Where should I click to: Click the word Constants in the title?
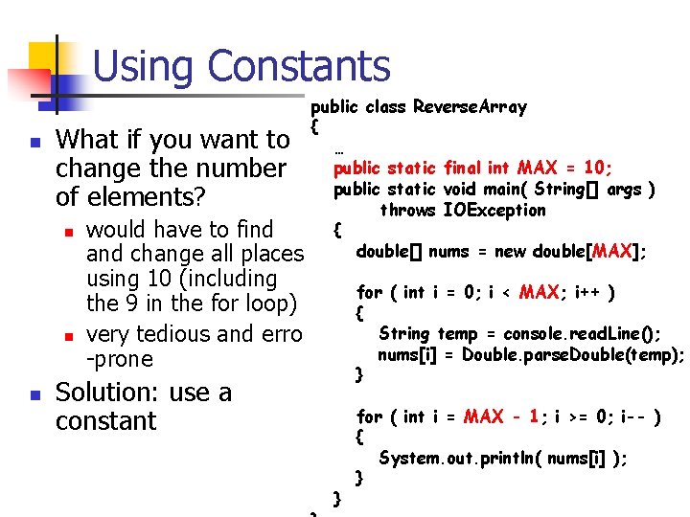pos(299,67)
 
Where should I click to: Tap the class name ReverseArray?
pos(470,107)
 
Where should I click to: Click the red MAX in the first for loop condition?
pos(539,292)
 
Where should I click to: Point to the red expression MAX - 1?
pos(502,416)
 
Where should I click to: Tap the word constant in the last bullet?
pos(105,420)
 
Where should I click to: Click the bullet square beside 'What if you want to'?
pos(34,142)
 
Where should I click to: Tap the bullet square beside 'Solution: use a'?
pos(34,394)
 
